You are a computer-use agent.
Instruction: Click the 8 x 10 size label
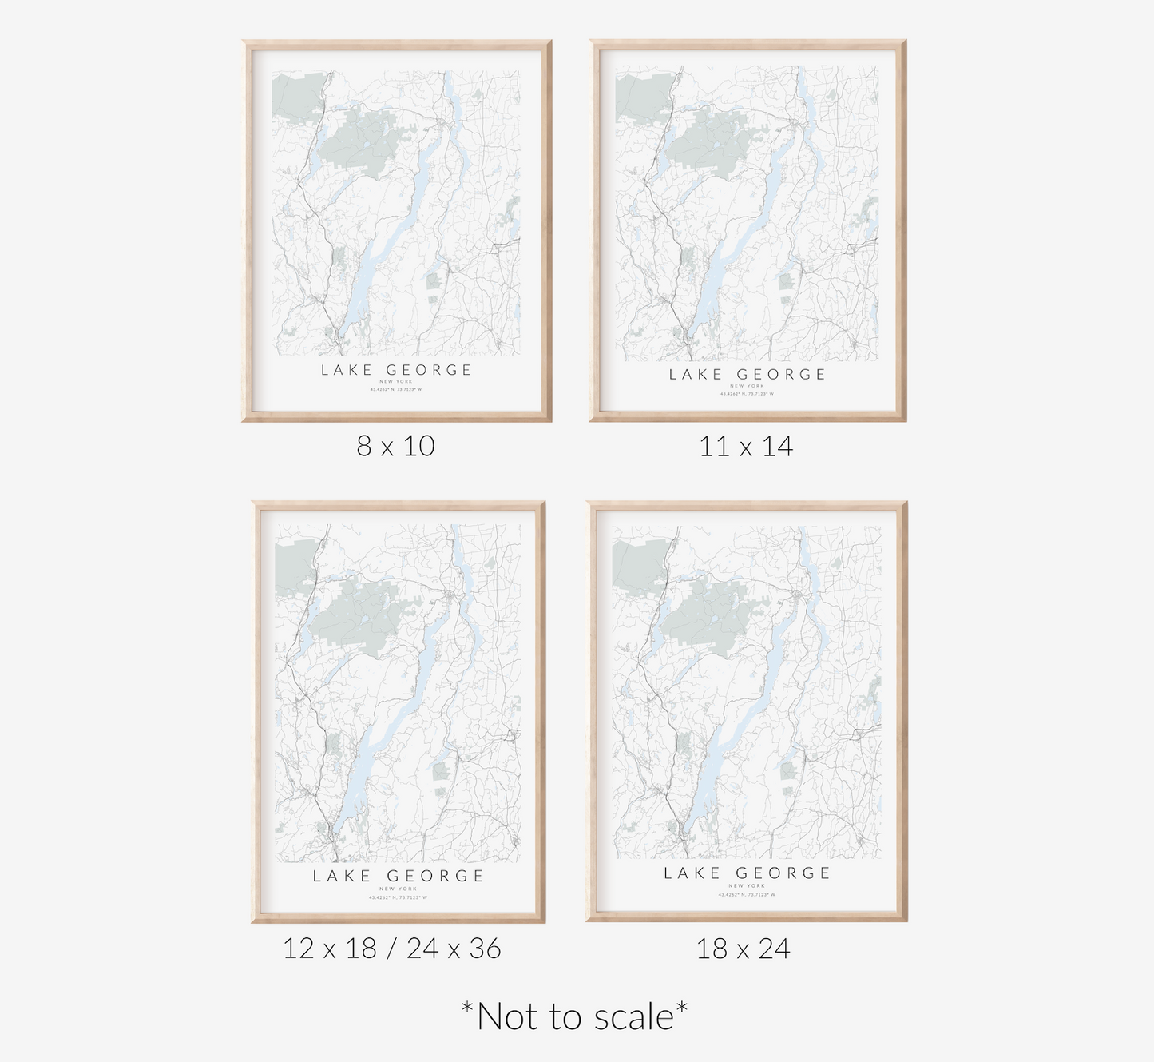tap(395, 446)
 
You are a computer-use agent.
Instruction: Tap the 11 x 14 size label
tap(745, 446)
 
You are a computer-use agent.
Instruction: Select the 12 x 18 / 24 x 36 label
tap(391, 949)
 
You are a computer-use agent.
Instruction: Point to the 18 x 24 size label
tap(743, 949)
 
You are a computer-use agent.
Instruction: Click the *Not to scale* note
tap(574, 1016)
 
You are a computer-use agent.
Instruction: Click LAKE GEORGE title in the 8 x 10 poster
tap(396, 370)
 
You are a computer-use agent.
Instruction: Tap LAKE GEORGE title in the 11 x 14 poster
tap(747, 374)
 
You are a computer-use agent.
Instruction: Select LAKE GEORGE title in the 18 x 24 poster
tap(747, 873)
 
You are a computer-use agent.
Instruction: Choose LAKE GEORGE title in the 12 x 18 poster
tap(398, 876)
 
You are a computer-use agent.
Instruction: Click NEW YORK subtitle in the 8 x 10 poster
tap(396, 382)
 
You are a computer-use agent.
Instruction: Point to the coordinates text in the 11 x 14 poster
tap(747, 394)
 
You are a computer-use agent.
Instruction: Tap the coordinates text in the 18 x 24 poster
tap(747, 895)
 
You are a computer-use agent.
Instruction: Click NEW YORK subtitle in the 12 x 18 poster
tap(398, 889)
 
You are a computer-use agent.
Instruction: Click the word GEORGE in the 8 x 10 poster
tap(429, 370)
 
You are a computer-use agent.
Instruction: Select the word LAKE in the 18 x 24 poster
tap(692, 873)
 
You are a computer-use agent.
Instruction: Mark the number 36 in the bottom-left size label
tap(485, 949)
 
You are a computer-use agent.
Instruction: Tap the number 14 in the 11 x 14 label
tap(776, 446)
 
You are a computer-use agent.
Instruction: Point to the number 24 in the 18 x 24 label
tap(774, 949)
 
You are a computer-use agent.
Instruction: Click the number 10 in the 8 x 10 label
tap(418, 446)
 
